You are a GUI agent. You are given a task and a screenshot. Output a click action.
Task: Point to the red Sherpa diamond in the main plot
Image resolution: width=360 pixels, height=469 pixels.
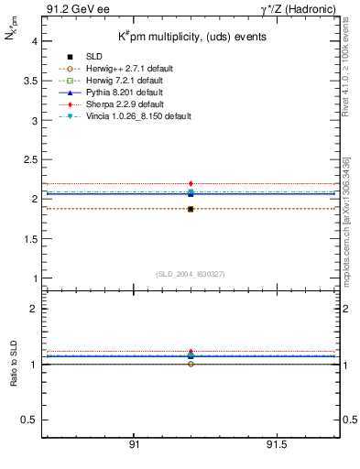click(191, 184)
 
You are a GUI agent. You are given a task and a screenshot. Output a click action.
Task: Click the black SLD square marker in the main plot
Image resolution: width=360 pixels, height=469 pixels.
click(191, 209)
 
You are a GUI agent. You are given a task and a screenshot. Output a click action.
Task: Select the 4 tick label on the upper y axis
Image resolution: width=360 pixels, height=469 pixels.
click(34, 41)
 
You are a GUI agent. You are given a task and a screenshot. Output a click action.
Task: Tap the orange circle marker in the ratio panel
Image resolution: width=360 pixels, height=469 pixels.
click(191, 364)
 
